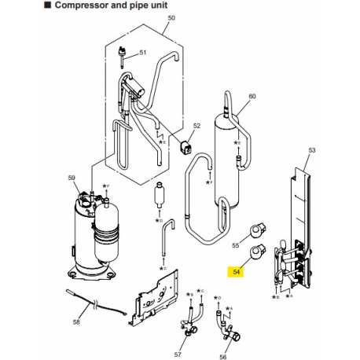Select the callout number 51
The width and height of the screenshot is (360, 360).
tap(143, 53)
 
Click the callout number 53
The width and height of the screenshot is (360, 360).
tap(311, 149)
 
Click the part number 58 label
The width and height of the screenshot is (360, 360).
tap(76, 322)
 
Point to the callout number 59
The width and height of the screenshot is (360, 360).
tap(72, 179)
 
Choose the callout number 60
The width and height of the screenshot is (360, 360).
tap(252, 97)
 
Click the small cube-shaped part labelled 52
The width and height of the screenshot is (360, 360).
tap(187, 147)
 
